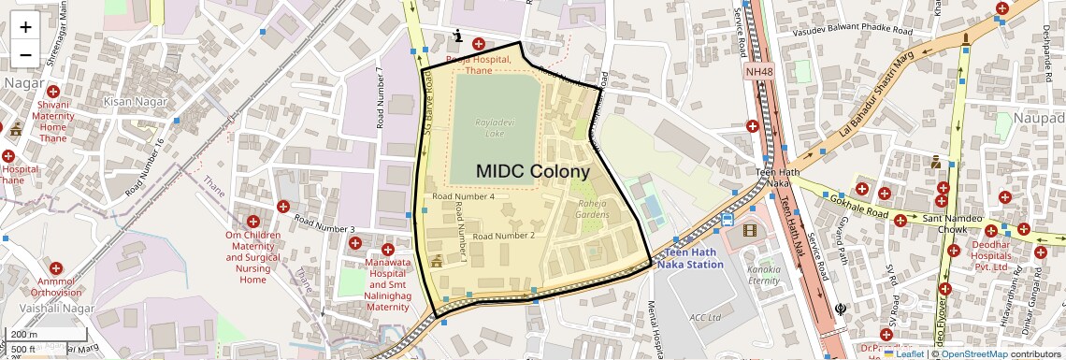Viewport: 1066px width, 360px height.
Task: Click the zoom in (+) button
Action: click(25, 27)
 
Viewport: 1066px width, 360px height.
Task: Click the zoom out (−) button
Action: click(25, 54)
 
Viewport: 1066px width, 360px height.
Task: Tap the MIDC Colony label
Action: click(533, 172)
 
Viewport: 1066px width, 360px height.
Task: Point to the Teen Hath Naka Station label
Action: click(694, 259)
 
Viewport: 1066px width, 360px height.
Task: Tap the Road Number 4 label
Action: click(463, 197)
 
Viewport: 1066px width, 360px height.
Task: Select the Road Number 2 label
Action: click(503, 236)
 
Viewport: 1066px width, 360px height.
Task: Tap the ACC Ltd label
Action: click(705, 317)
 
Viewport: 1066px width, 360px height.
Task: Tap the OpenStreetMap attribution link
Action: click(973, 353)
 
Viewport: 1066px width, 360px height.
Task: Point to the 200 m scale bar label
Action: click(24, 335)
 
